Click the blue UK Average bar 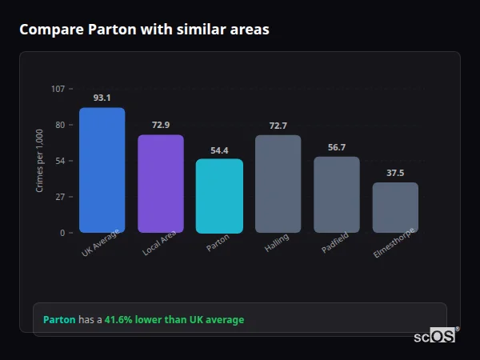pos(102,170)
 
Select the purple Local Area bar pos(161,184)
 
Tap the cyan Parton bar pos(219,196)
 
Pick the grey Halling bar pos(278,184)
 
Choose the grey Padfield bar pos(337,194)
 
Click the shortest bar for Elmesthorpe pos(395,207)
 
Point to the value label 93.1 pos(102,98)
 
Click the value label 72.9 pos(161,125)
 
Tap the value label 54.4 pos(219,150)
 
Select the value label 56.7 pos(337,147)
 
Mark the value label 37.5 pos(395,173)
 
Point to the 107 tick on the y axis pos(58,89)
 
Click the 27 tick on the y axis pos(61,197)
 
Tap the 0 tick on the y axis pos(63,233)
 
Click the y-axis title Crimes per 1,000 pos(40,160)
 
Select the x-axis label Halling pos(277,243)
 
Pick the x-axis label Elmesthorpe pos(393,245)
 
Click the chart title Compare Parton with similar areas pos(144,30)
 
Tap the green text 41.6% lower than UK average pos(174,319)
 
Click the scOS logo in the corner pos(435,336)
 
